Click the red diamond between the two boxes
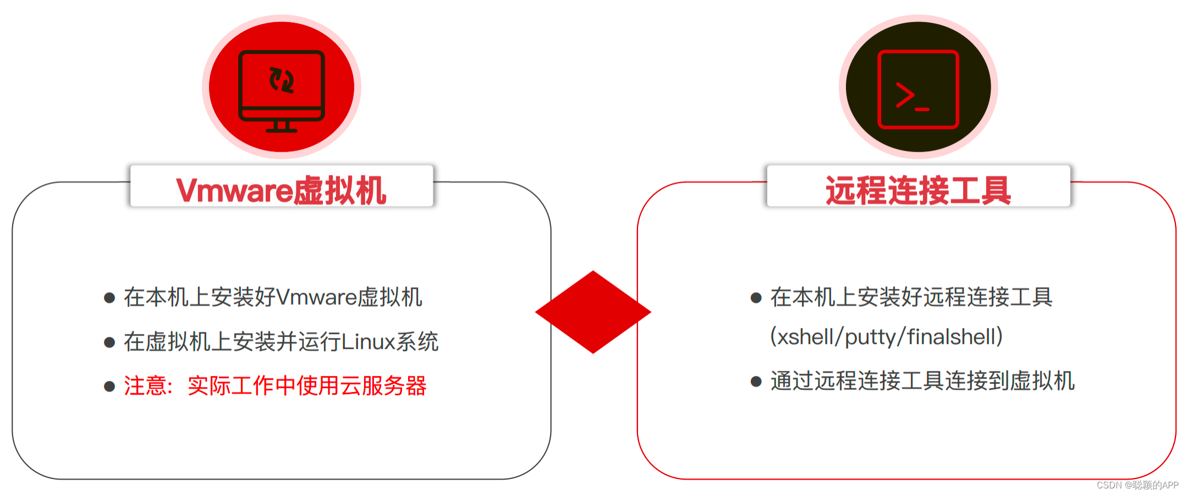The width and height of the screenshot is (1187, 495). (x=593, y=312)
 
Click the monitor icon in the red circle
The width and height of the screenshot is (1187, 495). (x=282, y=88)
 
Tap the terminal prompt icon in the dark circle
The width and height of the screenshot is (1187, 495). (x=918, y=89)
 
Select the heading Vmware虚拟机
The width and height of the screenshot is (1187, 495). (x=281, y=190)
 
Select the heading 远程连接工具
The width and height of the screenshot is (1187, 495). (x=918, y=190)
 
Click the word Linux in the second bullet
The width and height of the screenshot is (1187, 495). (x=368, y=342)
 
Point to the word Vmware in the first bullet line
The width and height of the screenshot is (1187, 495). (x=316, y=298)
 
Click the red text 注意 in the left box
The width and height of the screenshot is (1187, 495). (x=145, y=386)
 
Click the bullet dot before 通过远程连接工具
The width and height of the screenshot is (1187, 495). (x=756, y=381)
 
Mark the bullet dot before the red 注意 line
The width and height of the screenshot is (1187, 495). (x=109, y=387)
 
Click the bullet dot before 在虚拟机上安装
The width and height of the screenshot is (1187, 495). (x=109, y=343)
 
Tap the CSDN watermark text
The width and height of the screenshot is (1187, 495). (x=1137, y=485)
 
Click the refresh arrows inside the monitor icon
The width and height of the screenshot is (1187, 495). (x=282, y=80)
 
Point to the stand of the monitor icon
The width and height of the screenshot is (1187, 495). (x=282, y=127)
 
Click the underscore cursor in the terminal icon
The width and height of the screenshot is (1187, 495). (x=922, y=109)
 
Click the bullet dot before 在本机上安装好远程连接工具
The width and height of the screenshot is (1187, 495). (x=756, y=298)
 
